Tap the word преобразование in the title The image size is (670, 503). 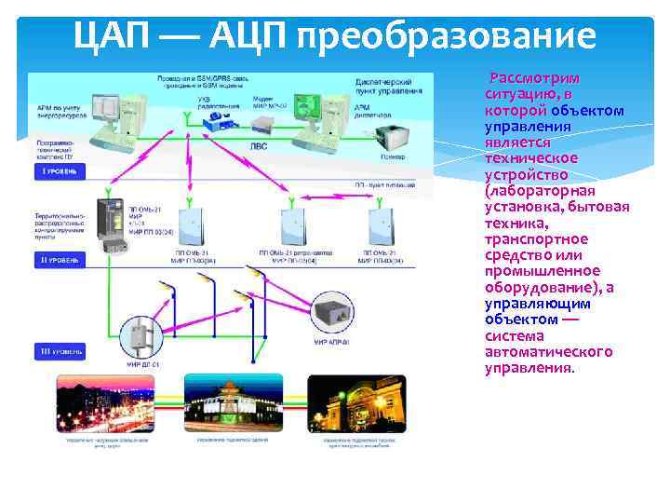pos(446,35)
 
